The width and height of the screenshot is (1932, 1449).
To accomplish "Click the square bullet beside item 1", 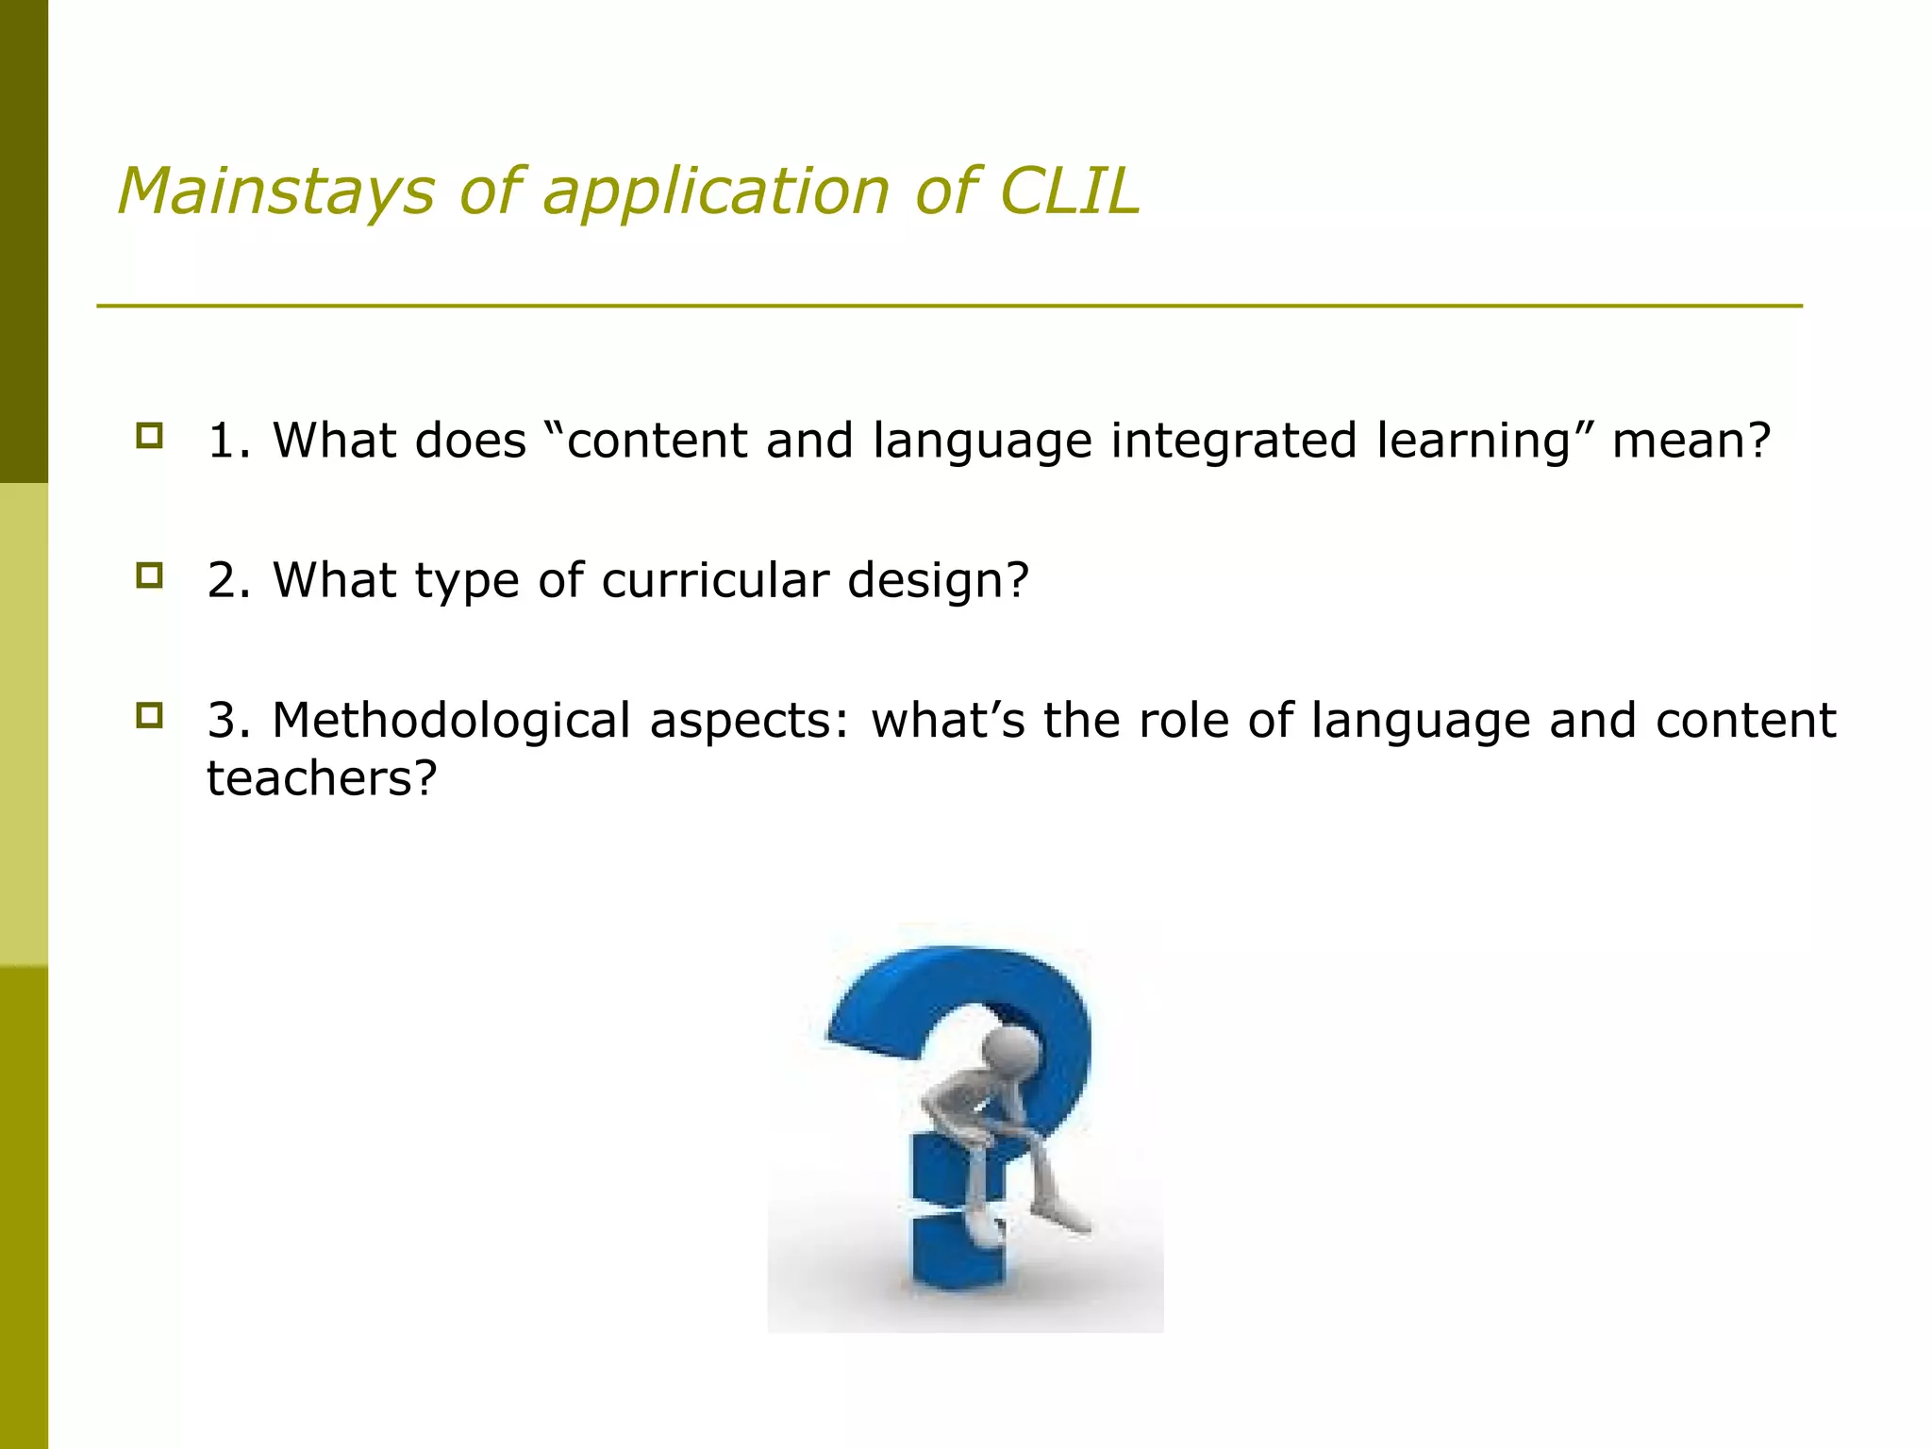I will point(149,436).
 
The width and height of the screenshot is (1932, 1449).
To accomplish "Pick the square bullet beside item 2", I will point(149,575).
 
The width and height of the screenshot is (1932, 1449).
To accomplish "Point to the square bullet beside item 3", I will point(149,716).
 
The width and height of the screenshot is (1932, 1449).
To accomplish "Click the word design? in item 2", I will point(938,580).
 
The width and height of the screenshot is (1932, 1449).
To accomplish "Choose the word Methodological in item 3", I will point(451,722).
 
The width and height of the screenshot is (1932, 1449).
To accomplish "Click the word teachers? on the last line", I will point(322,779).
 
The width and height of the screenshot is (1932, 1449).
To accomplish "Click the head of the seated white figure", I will point(1010,1048).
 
